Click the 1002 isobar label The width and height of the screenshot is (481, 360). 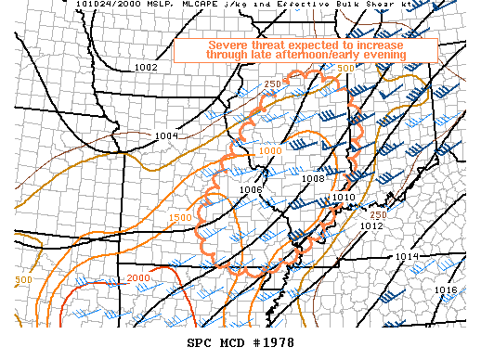point(146,67)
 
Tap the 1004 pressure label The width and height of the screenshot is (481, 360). point(166,136)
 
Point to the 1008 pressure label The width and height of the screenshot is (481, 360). point(313,179)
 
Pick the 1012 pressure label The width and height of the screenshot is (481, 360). point(372,225)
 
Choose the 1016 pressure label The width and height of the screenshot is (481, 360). point(446,290)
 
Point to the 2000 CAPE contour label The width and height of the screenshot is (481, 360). point(137,278)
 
